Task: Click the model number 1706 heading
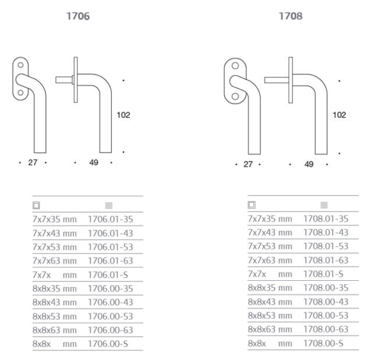[78, 16]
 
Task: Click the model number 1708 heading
[290, 16]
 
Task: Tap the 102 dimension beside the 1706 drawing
[123, 115]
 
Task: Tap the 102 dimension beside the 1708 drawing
[339, 115]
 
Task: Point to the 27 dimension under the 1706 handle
[33, 163]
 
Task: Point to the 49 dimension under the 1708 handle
[309, 164]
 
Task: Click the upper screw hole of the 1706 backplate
[20, 65]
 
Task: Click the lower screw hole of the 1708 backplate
[235, 96]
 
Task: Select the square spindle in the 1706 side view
[64, 80]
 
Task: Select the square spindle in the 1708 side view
[276, 80]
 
